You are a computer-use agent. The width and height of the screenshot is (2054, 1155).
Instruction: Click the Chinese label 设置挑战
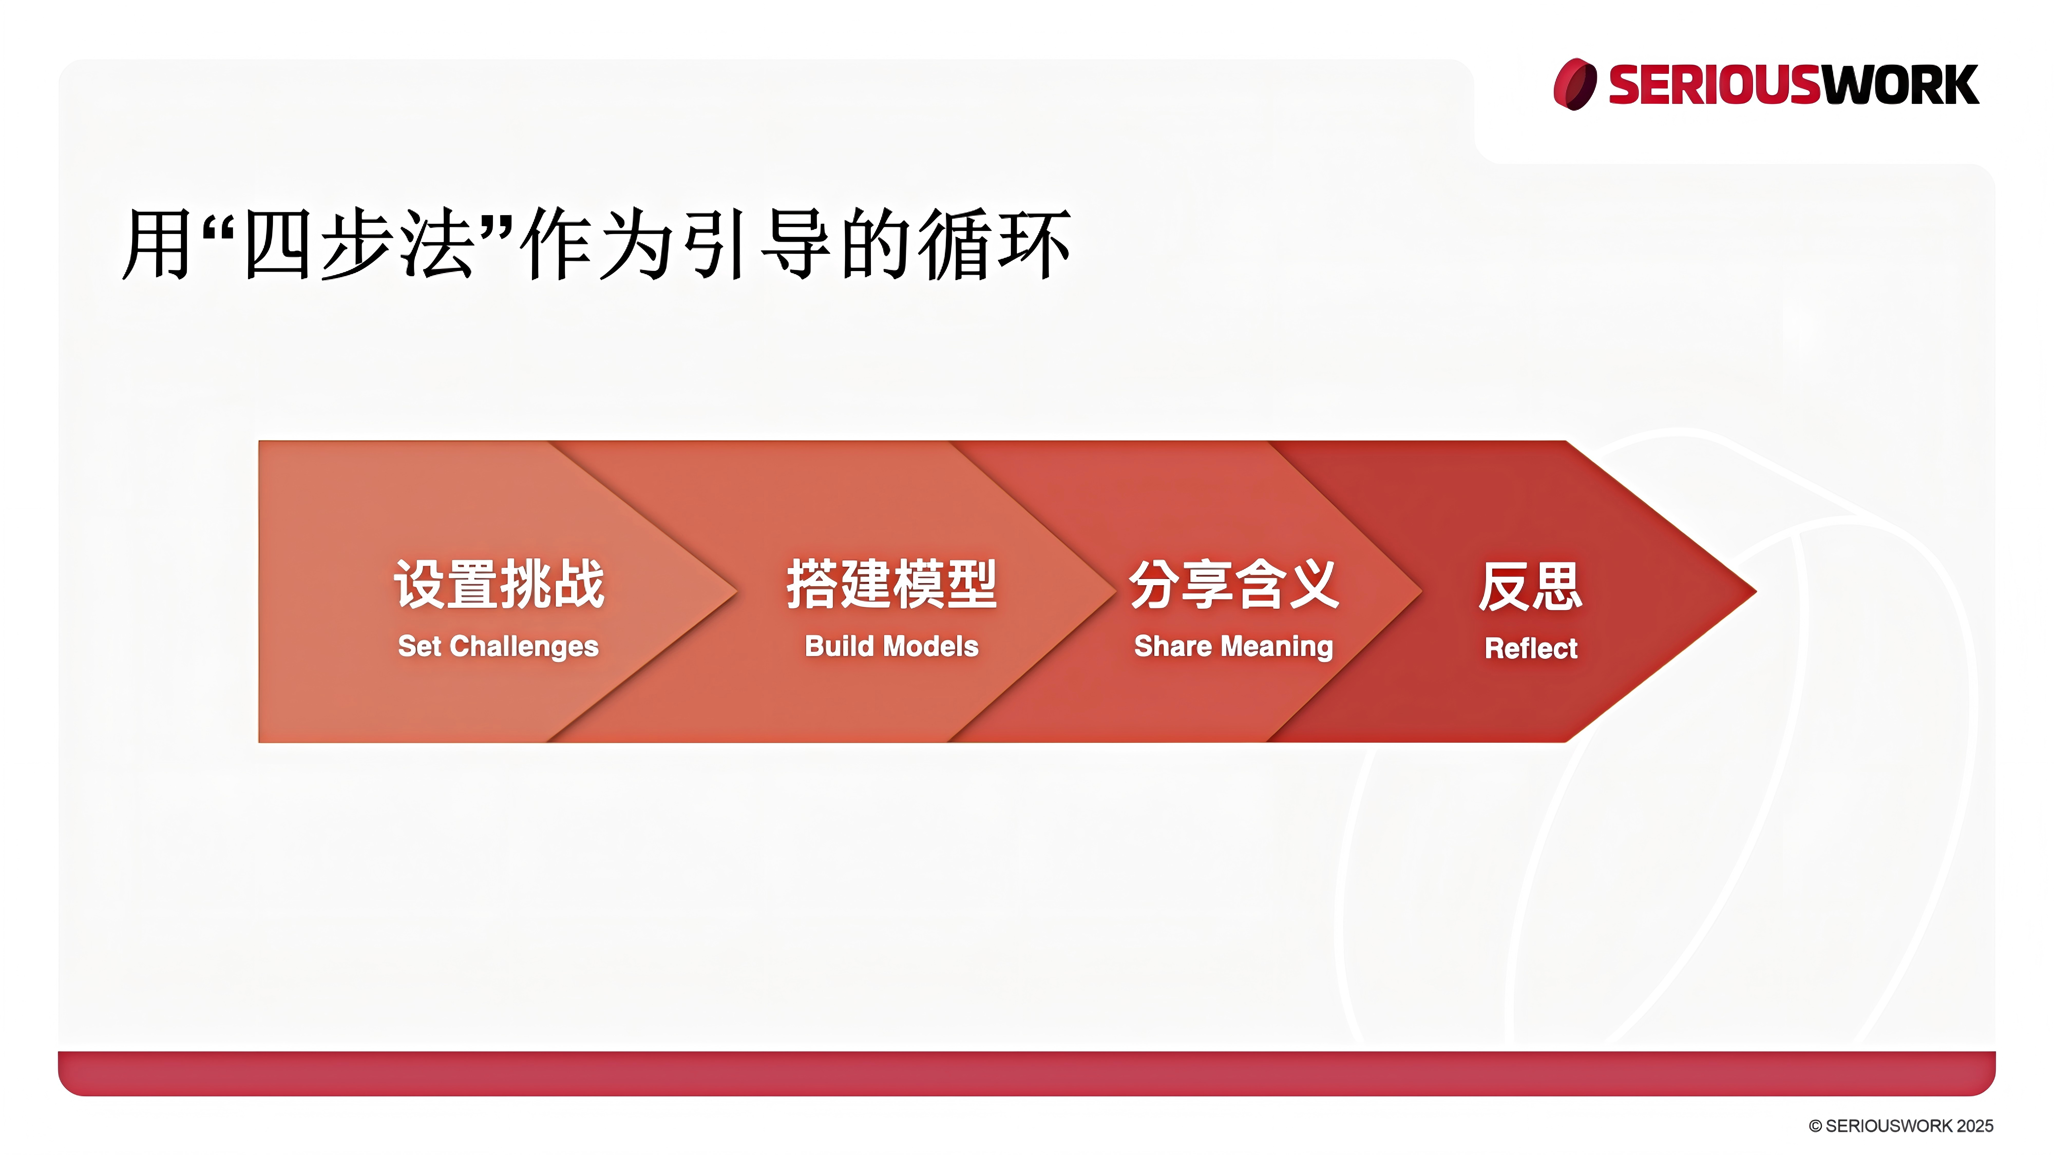pyautogui.click(x=499, y=584)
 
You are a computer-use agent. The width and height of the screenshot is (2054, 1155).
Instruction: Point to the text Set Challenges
pyautogui.click(x=498, y=646)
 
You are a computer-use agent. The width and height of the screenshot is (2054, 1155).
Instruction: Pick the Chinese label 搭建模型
pyautogui.click(x=891, y=584)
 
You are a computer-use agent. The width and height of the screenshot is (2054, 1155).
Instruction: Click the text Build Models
pyautogui.click(x=891, y=646)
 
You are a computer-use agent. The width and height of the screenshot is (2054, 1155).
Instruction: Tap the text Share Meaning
pyautogui.click(x=1233, y=646)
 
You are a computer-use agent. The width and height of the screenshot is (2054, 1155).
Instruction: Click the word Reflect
pyautogui.click(x=1531, y=648)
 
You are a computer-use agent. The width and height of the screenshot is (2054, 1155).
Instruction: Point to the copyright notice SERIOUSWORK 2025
pyautogui.click(x=1901, y=1125)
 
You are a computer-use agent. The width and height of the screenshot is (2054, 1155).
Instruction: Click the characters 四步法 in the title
pyautogui.click(x=359, y=243)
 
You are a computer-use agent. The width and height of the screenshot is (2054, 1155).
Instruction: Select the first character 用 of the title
pyautogui.click(x=157, y=243)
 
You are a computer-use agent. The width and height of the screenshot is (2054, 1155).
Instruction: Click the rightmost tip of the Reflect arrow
pyautogui.click(x=1757, y=591)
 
